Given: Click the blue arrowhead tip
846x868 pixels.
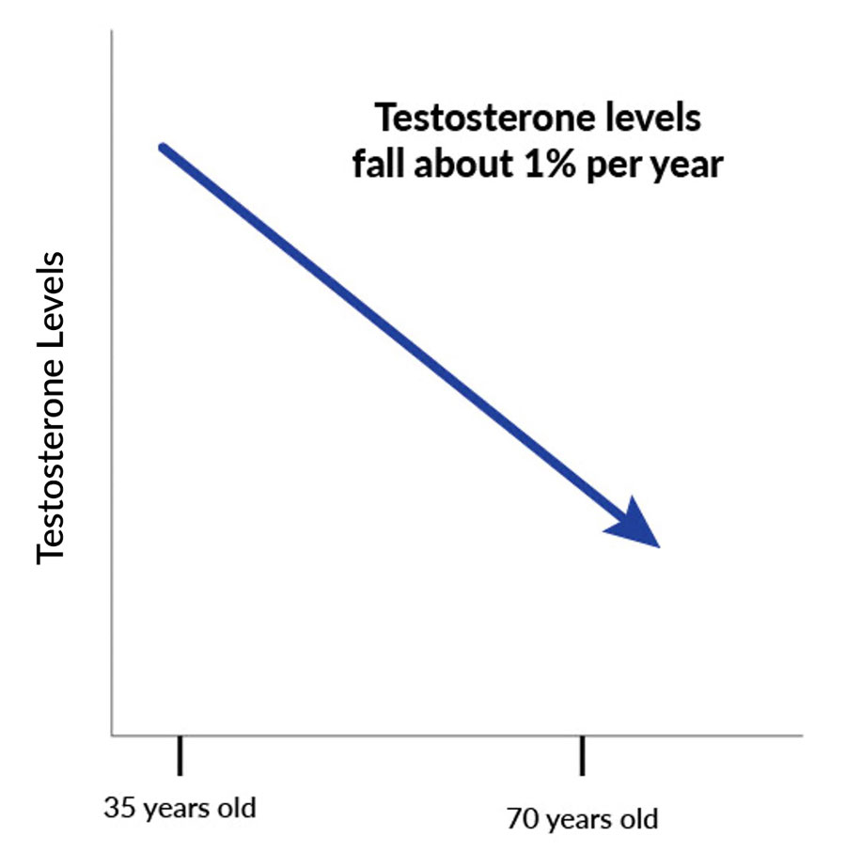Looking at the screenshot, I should pyautogui.click(x=659, y=545).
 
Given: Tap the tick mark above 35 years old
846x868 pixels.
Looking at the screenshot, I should pyautogui.click(x=179, y=755).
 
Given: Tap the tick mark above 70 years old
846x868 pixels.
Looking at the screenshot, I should pyautogui.click(x=583, y=756).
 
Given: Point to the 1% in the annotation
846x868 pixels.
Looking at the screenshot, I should pyautogui.click(x=537, y=165).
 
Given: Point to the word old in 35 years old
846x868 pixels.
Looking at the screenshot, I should pyautogui.click(x=236, y=808).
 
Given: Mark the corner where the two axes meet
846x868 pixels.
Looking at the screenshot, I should pyautogui.click(x=112, y=734).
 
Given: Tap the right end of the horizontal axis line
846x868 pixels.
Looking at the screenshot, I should pyautogui.click(x=802, y=734).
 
